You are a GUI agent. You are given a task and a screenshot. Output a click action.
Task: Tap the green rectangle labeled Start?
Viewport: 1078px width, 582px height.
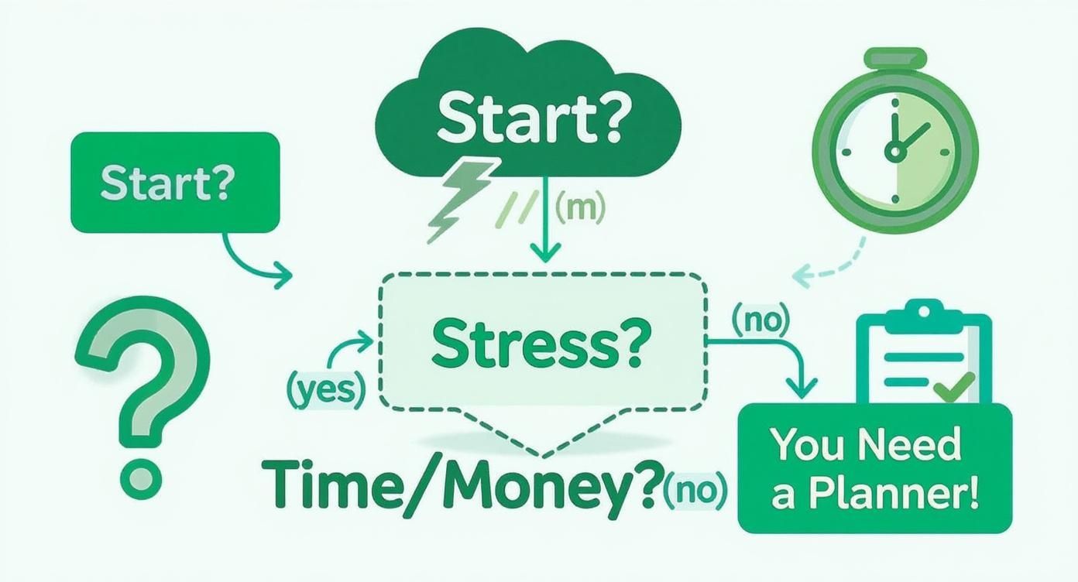coord(174,182)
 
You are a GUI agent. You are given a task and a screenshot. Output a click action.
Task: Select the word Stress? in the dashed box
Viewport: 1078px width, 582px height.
coord(537,346)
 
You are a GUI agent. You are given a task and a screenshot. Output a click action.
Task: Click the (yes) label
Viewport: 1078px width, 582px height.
coord(325,392)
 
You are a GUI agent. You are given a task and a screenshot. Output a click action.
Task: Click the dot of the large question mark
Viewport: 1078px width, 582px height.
coord(141,475)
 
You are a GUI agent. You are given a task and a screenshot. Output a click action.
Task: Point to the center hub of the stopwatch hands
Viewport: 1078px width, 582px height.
coord(895,151)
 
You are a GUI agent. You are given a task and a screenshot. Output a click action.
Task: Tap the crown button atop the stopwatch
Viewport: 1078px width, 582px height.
coord(895,58)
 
